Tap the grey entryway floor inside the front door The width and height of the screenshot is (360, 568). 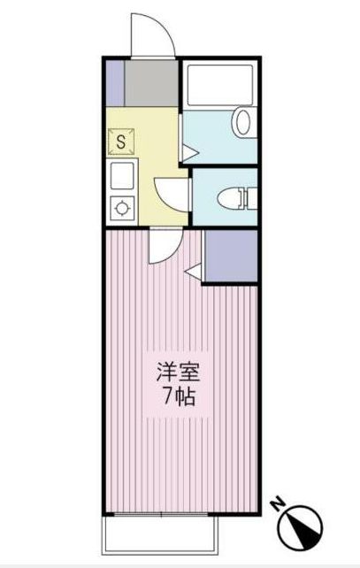(151, 81)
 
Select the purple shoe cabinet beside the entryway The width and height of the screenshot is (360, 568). (113, 81)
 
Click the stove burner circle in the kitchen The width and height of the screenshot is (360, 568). (121, 209)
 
